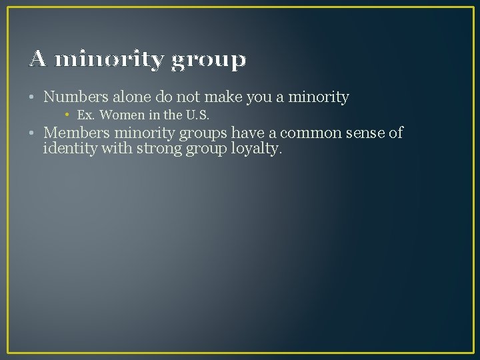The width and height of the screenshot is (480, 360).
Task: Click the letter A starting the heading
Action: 38,60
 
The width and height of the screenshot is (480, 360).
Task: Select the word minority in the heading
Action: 109,60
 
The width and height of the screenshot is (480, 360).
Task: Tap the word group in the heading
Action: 208,61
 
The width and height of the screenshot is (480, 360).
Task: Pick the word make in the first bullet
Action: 223,97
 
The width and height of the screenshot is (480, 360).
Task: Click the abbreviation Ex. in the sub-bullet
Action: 86,115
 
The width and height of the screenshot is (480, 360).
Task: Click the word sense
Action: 365,133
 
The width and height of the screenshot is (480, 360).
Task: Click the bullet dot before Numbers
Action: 33,98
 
